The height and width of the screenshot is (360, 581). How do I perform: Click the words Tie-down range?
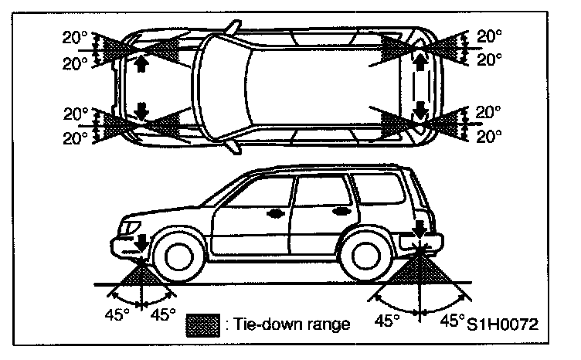(290, 324)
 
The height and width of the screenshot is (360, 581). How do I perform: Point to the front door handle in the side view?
(274, 211)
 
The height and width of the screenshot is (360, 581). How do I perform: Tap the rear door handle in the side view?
(339, 210)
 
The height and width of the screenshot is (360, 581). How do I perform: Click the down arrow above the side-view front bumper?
(141, 241)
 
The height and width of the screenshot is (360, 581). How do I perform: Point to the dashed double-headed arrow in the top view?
(420, 85)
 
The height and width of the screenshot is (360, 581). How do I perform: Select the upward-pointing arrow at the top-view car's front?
(141, 64)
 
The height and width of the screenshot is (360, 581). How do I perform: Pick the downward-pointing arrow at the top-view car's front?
(141, 109)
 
